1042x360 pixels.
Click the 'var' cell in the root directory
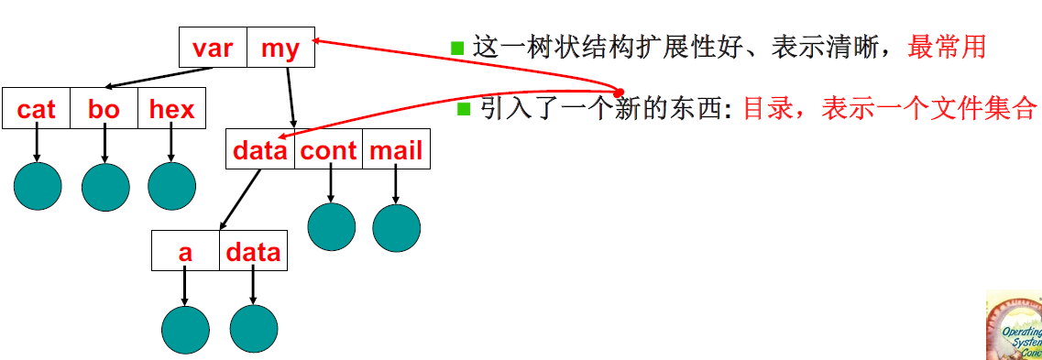(213, 48)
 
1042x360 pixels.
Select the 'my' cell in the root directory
(280, 48)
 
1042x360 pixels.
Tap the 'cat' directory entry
(37, 110)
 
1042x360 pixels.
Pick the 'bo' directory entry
(104, 110)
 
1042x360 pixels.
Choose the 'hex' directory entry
(172, 110)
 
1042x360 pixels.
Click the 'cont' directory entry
(328, 150)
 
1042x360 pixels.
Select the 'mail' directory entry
(396, 150)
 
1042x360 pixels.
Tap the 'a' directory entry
(185, 252)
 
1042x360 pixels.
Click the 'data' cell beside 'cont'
(260, 150)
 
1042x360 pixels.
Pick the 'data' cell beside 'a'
(253, 252)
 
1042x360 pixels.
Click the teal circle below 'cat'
(38, 186)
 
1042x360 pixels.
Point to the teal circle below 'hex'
(172, 186)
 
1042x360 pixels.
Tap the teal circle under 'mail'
(397, 227)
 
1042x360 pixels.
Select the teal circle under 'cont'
(331, 226)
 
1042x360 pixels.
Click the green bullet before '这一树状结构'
(458, 48)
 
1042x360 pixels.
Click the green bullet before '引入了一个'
(464, 109)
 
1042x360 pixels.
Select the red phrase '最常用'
(947, 47)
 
